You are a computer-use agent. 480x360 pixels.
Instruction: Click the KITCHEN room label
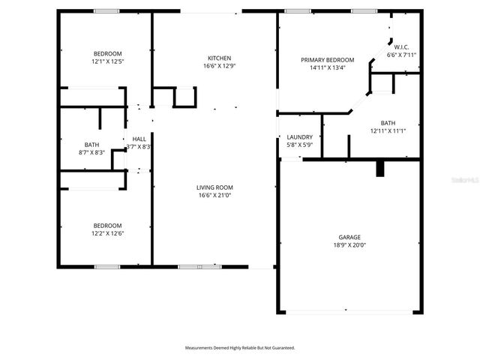(x=219, y=58)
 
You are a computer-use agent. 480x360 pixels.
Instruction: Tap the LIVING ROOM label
(x=214, y=187)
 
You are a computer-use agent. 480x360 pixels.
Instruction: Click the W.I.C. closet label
(x=401, y=47)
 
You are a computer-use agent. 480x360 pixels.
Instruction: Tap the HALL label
(x=139, y=139)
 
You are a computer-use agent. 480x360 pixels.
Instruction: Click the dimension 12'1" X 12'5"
(x=107, y=61)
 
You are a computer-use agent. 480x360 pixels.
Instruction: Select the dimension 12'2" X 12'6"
(x=107, y=233)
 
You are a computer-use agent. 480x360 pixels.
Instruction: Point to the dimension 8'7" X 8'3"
(x=91, y=152)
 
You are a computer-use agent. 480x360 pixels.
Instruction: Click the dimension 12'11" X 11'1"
(x=388, y=130)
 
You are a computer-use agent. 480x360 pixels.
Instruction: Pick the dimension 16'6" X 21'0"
(x=214, y=196)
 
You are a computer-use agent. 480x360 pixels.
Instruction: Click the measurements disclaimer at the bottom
(x=240, y=348)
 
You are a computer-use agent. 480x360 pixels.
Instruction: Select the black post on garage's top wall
(x=380, y=168)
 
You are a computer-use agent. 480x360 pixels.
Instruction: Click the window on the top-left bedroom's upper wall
(x=106, y=10)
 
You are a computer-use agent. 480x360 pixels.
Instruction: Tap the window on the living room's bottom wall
(x=190, y=266)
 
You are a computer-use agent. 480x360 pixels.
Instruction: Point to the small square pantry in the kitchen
(x=184, y=97)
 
